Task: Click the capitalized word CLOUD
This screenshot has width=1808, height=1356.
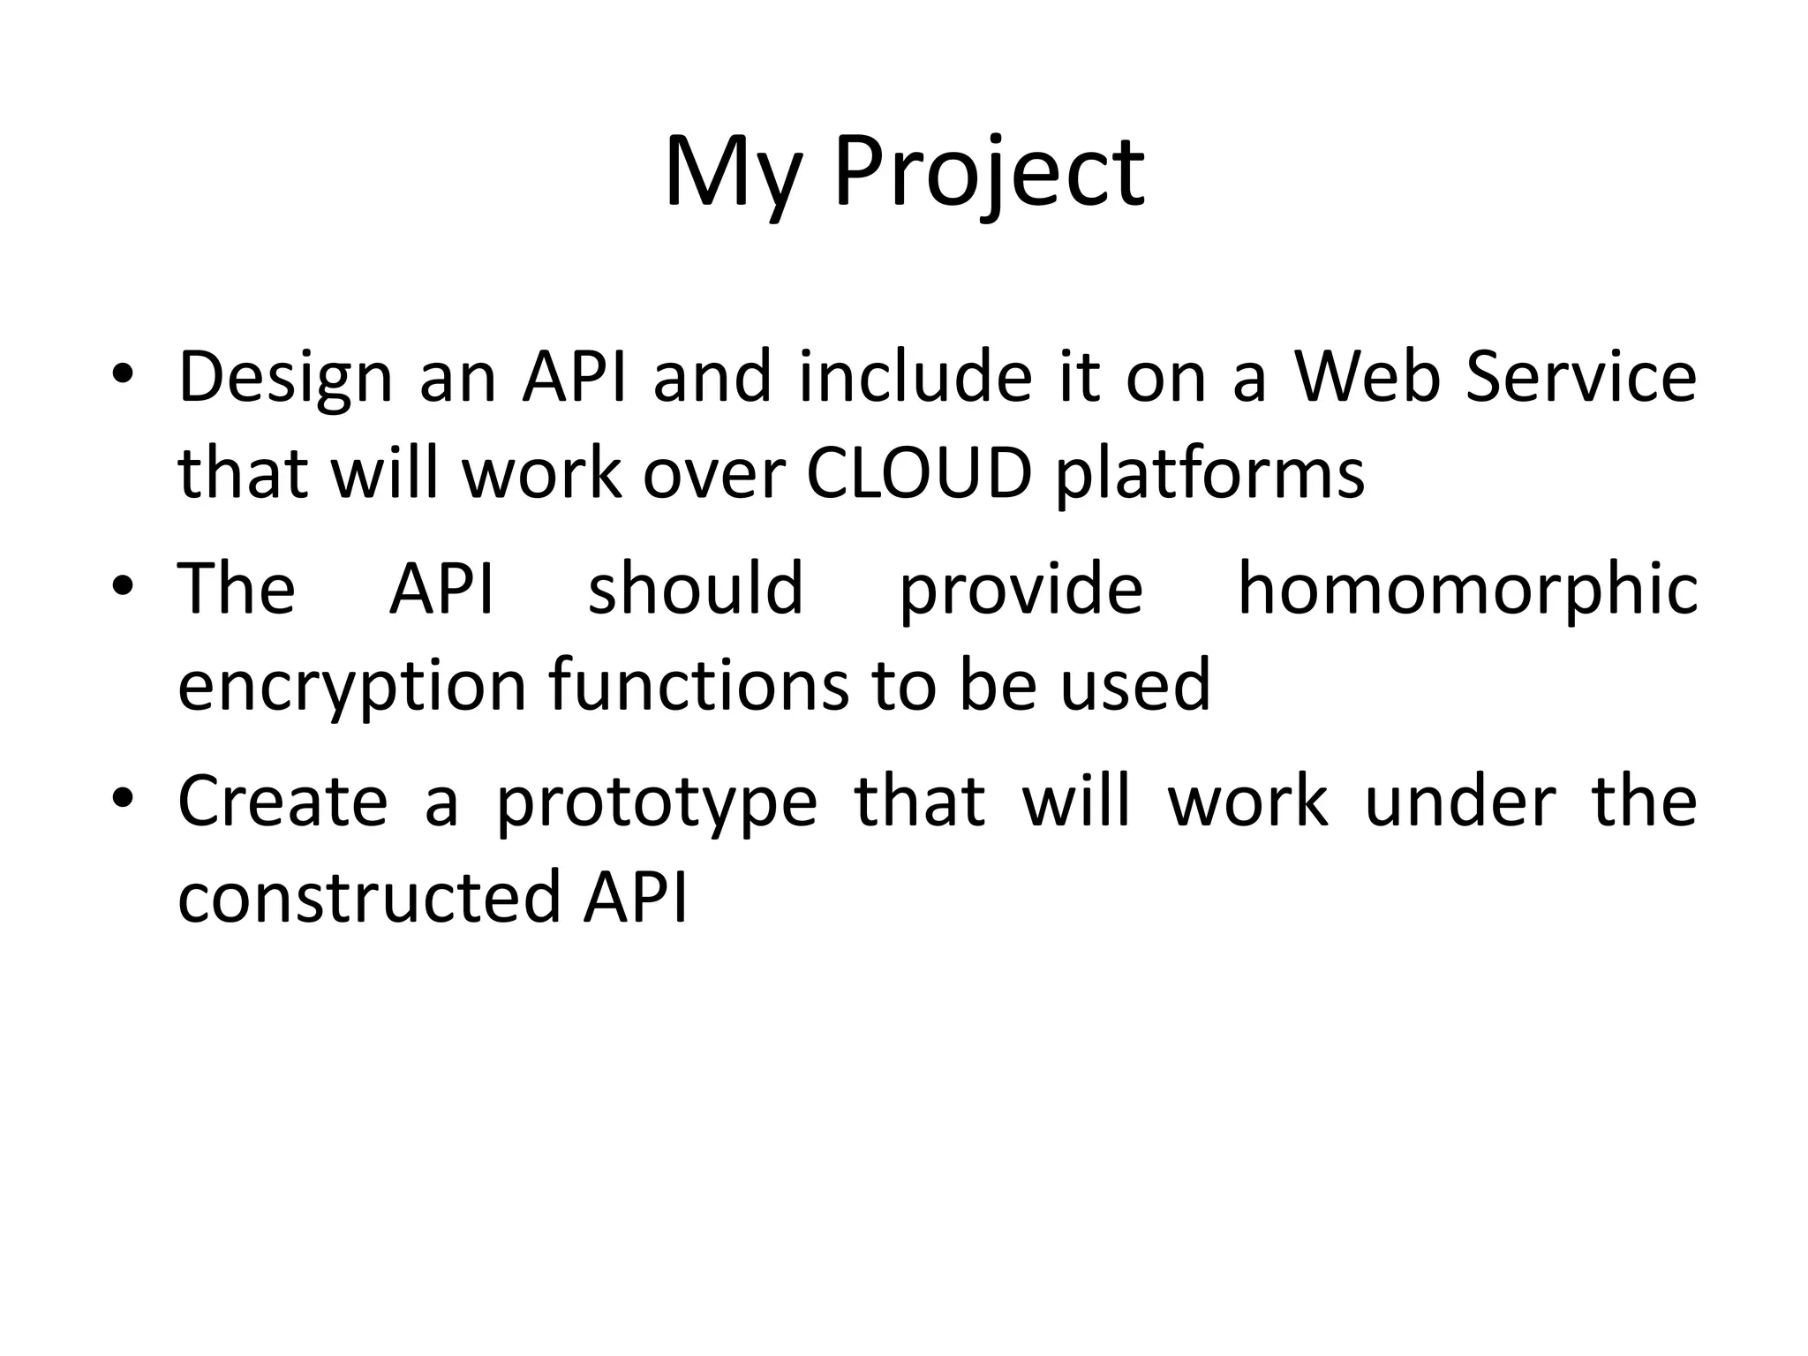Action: click(919, 474)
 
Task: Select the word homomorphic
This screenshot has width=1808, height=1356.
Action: click(1467, 590)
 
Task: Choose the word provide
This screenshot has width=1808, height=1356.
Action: click(1021, 590)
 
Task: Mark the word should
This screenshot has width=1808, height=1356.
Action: click(696, 588)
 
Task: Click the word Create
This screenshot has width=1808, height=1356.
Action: click(282, 802)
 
